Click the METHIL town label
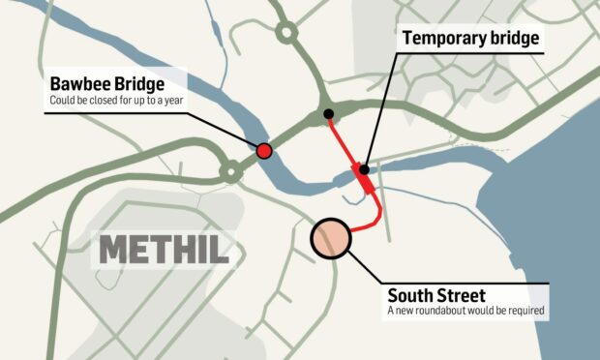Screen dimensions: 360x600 coord(165,250)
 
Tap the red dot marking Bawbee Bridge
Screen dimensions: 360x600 coord(263,150)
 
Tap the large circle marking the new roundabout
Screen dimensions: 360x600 coord(330,238)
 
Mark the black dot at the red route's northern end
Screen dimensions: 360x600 coord(329,114)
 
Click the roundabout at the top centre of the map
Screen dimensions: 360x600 coord(286,32)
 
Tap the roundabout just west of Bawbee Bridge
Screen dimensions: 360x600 coord(230,172)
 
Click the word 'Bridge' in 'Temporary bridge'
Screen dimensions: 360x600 coord(512,39)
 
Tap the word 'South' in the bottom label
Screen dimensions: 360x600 coord(408,295)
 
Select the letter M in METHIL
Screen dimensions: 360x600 coord(112,250)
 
